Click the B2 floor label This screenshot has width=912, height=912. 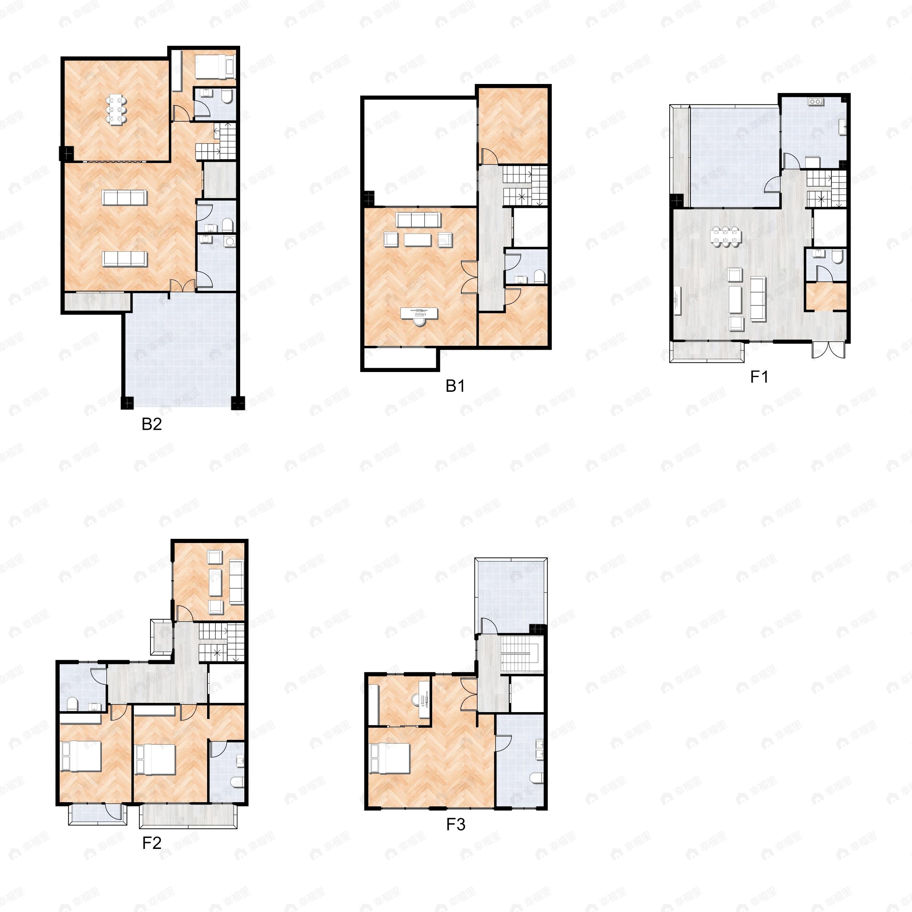(152, 424)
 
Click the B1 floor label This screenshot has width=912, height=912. (455, 386)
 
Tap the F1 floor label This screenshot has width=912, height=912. (759, 377)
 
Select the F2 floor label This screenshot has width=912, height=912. (152, 842)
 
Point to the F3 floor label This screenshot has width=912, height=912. (456, 824)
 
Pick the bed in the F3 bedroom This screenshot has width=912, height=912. (390, 758)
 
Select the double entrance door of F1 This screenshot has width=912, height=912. (828, 349)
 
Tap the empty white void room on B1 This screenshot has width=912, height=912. (419, 151)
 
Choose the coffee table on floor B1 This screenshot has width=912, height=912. (417, 240)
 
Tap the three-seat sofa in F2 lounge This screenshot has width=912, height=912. (236, 582)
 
